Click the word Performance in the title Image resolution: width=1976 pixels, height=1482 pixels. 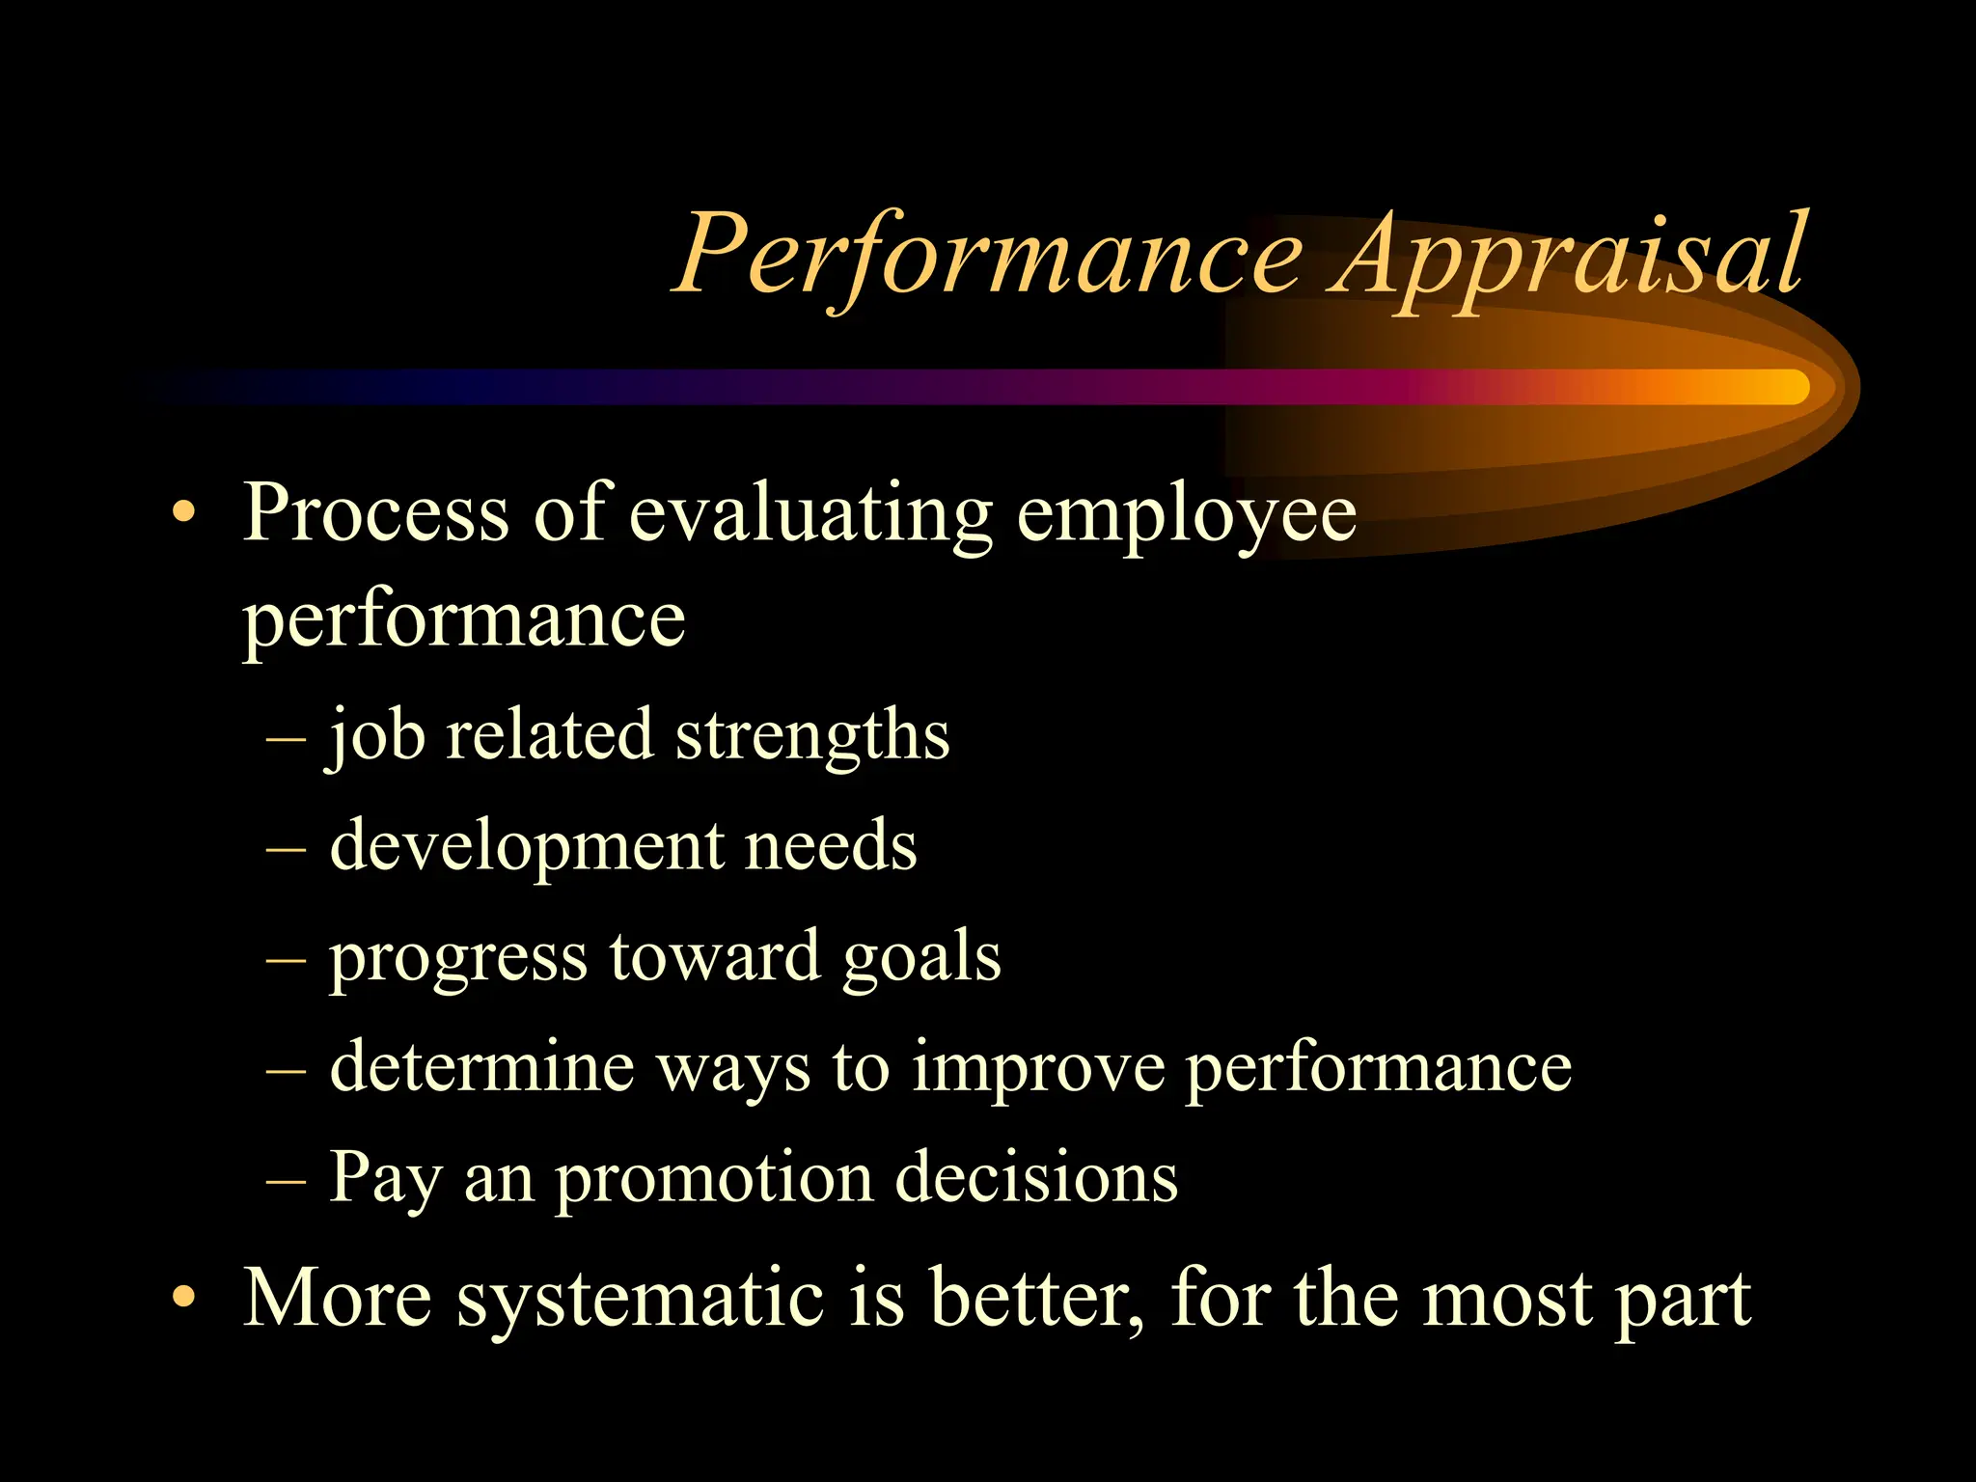point(989,256)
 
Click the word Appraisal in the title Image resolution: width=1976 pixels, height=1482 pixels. point(1568,256)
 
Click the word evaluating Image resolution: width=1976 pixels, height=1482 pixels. point(810,514)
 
